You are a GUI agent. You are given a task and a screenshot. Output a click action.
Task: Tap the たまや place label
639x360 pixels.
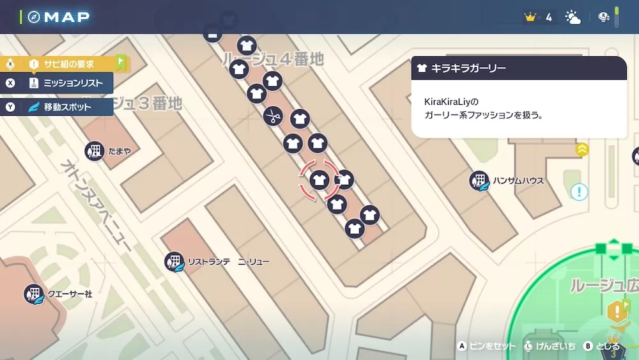click(x=119, y=151)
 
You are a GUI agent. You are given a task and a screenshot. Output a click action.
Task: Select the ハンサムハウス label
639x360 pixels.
click(x=518, y=181)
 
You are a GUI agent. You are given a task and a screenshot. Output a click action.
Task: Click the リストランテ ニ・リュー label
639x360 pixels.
click(x=228, y=262)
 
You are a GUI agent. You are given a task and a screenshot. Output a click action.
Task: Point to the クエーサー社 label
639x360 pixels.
click(x=70, y=294)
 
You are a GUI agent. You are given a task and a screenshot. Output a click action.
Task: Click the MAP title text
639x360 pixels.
click(x=66, y=17)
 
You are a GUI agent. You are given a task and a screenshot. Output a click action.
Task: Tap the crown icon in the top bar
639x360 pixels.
click(x=530, y=17)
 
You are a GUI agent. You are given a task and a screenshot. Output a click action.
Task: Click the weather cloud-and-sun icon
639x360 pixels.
click(x=573, y=17)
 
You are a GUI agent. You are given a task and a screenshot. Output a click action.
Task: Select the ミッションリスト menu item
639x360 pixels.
click(x=73, y=83)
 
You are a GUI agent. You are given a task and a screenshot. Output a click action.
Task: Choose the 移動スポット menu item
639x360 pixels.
click(x=68, y=107)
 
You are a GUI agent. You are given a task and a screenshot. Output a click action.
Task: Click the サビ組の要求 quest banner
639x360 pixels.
click(x=68, y=64)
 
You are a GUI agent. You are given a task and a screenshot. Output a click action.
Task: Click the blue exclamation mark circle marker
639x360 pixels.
click(x=580, y=192)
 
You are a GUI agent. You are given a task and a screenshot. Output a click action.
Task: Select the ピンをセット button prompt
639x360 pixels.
click(x=492, y=346)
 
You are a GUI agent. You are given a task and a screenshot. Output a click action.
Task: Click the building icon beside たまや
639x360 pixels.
click(x=95, y=152)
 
